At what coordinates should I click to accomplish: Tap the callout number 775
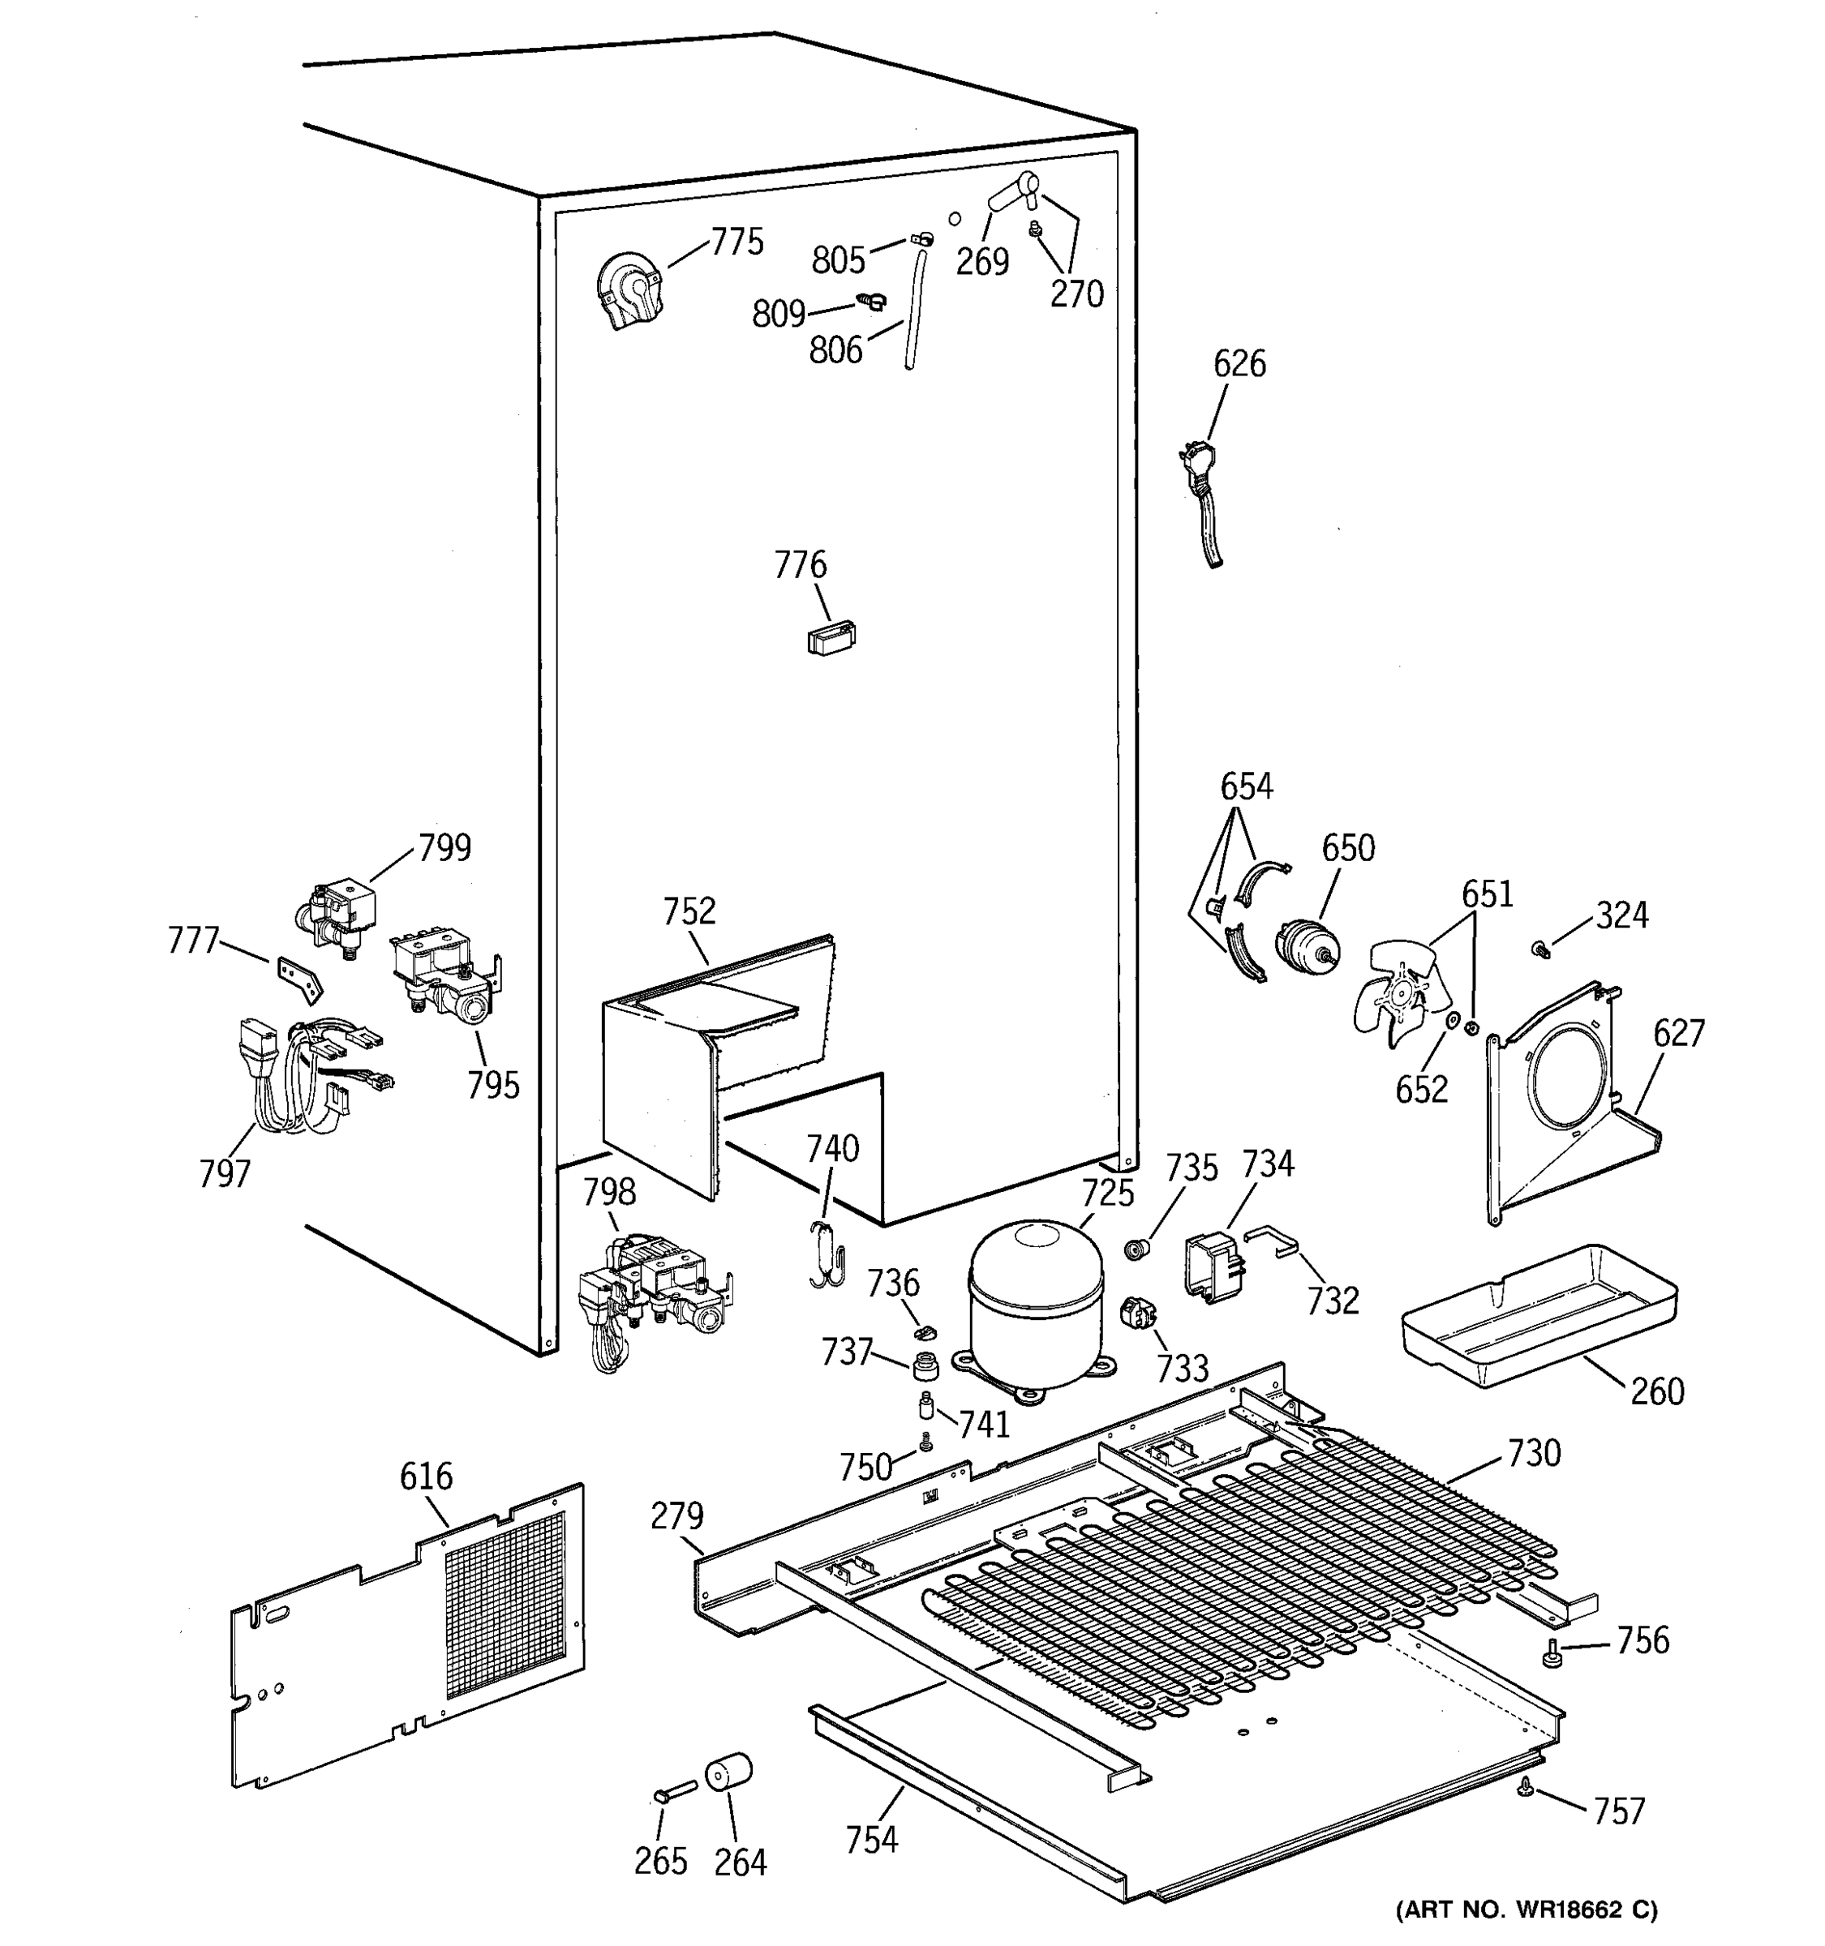736,242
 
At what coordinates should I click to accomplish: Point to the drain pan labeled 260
1538,1317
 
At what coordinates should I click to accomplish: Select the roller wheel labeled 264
728,1775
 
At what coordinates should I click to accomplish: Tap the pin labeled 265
675,1792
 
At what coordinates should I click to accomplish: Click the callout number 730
1533,1454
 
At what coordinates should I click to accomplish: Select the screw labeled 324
1540,949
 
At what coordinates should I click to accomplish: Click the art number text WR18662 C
1527,1910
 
